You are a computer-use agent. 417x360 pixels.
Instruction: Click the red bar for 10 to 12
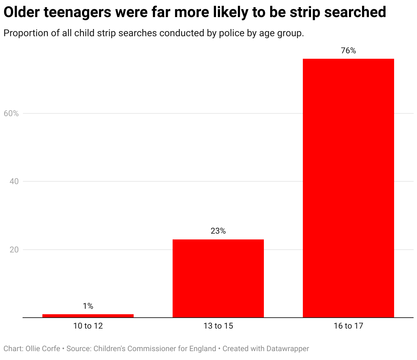point(88,316)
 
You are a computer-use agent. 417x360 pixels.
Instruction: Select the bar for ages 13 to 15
point(218,278)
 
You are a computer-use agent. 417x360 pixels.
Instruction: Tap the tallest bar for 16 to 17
point(348,188)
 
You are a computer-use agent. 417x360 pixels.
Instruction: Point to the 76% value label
point(348,51)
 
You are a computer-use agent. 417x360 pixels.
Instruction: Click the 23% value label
point(218,231)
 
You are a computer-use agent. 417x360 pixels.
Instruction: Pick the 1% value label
point(88,306)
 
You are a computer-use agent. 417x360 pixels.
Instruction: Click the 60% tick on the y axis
point(11,113)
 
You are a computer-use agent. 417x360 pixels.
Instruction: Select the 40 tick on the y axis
point(14,181)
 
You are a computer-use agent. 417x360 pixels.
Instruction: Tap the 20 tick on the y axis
point(14,250)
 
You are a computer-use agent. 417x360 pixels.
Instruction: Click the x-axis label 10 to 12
point(88,326)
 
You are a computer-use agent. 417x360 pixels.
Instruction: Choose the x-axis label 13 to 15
point(218,326)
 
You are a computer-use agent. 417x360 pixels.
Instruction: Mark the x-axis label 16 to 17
point(348,326)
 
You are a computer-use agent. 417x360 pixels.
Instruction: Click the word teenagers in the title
point(77,13)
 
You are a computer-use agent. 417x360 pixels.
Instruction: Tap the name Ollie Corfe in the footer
point(43,349)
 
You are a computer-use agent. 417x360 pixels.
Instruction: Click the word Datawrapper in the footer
point(287,349)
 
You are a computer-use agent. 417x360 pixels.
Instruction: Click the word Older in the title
point(21,13)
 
